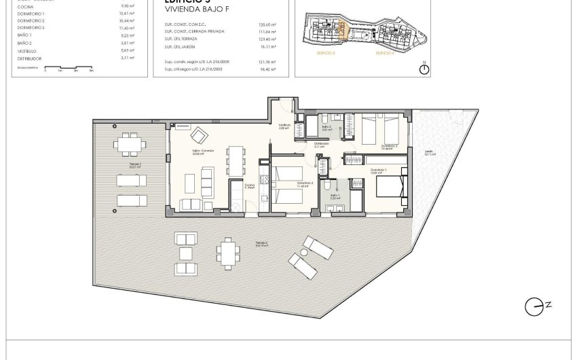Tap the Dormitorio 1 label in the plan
coord(379,170)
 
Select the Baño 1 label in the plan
coord(335,196)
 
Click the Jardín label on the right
coord(429,152)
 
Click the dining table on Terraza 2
coord(228,253)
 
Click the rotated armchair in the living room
coord(200,134)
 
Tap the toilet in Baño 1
coord(327,185)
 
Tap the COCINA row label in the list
coord(26,7)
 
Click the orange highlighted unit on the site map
coord(342,31)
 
